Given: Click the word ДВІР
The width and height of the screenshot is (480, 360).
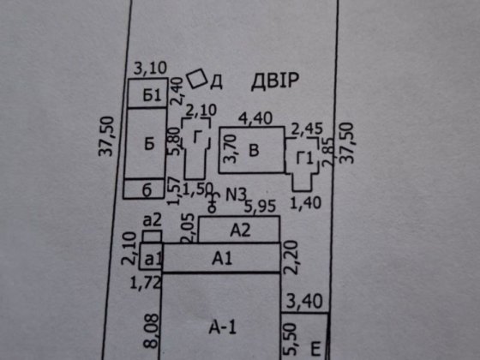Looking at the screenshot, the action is coord(274,81).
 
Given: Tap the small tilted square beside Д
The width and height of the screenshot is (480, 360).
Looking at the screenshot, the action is coord(197,79).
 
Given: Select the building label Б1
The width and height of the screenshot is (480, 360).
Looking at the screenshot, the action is coord(152,95).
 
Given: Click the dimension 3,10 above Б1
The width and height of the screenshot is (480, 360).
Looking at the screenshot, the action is coord(150,68).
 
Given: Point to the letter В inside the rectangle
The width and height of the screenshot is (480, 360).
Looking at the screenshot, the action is coord(254,150).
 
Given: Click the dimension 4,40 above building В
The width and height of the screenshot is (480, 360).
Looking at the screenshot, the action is coord(255,118).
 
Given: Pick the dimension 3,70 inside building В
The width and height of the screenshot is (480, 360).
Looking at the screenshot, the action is coord(230,149).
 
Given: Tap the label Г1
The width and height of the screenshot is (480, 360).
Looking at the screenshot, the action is coord(305,158).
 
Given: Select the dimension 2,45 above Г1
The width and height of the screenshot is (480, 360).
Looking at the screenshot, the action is coord(307,129).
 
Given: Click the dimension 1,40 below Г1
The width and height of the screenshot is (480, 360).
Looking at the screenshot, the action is coord(305,203).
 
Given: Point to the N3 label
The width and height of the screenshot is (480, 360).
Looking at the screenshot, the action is coord(236,195).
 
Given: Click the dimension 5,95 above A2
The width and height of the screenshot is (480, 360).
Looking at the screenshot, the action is coord(260,207).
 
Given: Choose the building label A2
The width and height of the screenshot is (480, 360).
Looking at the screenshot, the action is coord(240,231).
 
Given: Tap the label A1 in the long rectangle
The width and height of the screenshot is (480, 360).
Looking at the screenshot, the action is coord(222,259).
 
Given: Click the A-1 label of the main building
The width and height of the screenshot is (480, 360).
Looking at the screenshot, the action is coord(223,327).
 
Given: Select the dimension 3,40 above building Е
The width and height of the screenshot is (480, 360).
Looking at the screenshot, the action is coord(304,301).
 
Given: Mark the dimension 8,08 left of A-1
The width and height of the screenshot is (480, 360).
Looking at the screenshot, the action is coord(152,331).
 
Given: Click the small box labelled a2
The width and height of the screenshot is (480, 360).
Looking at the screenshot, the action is coord(153,236).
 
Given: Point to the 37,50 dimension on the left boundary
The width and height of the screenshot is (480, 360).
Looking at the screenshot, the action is coord(106,136).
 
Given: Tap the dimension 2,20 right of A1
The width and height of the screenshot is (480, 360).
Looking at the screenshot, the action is coord(291,257).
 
